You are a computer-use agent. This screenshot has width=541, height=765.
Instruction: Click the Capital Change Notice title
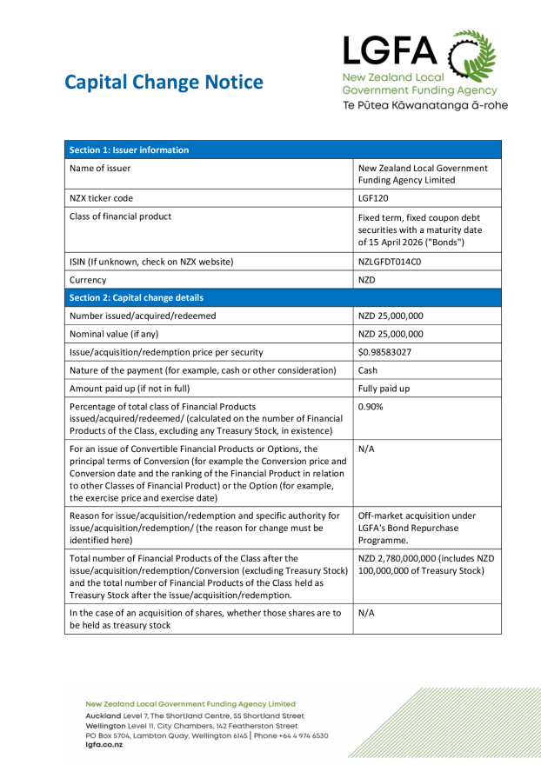pos(164,83)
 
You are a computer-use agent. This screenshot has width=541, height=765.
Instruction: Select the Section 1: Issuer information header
pos(129,150)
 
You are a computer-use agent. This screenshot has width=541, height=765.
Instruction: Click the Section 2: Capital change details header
pos(136,297)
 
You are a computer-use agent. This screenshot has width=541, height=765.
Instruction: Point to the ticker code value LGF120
pos(375,198)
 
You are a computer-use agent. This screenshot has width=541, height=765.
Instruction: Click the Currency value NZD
pos(367,280)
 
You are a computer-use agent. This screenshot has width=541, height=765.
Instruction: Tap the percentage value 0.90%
pos(371,407)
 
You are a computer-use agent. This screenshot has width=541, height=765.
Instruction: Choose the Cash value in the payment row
pos(369,370)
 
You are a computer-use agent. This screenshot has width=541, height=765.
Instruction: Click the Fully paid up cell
pos(384,389)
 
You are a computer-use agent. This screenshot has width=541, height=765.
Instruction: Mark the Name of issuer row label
pos(100,169)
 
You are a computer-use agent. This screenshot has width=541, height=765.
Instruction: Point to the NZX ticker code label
pos(102,198)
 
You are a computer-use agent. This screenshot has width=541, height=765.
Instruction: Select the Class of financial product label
pos(120,216)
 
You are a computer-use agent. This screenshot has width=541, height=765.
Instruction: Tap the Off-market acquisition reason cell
pos(417,528)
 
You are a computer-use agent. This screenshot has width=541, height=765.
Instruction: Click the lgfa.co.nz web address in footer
pos(104,745)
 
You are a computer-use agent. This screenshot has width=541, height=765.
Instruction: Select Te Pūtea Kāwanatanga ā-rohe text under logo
pos(424,105)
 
